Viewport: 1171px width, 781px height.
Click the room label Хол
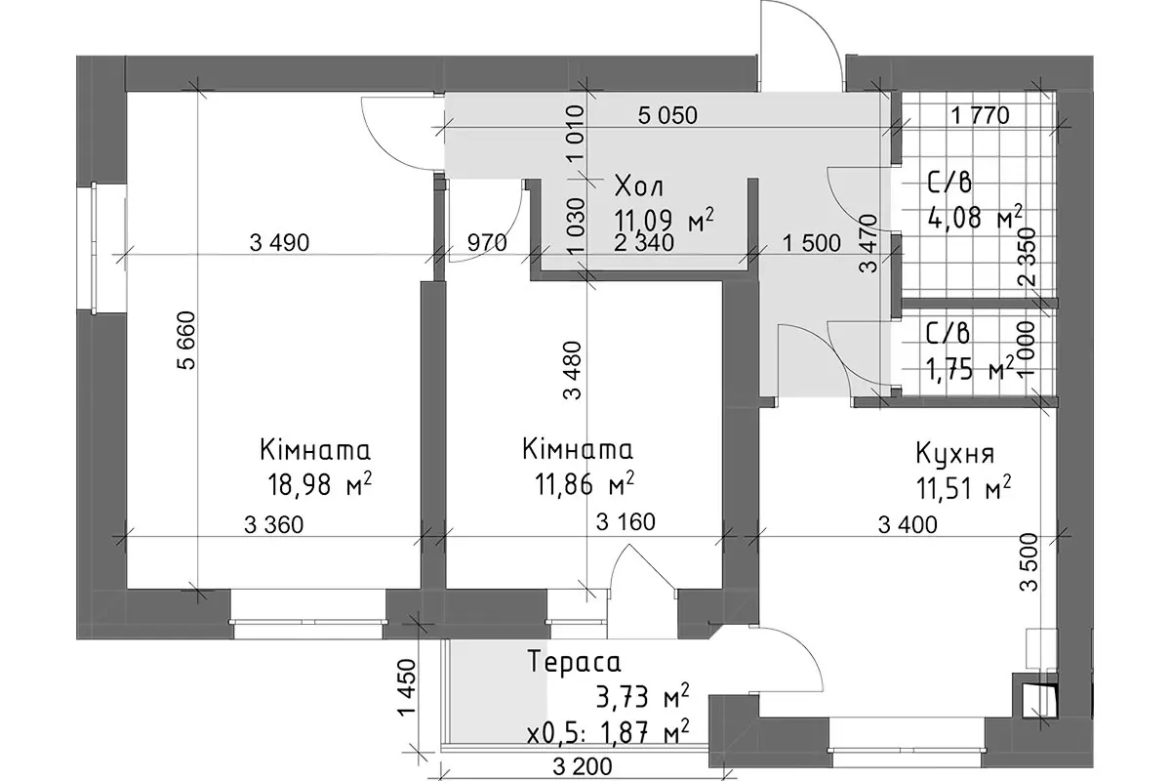pyautogui.click(x=639, y=186)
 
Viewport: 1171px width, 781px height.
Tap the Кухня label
pyautogui.click(x=955, y=454)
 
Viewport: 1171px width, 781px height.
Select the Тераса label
pyautogui.click(x=575, y=661)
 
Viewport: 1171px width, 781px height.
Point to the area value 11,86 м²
pyautogui.click(x=584, y=482)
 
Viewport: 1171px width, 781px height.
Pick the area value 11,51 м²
pyautogui.click(x=963, y=487)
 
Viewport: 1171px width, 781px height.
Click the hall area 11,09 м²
pyautogui.click(x=664, y=220)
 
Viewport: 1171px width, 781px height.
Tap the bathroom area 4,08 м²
pyautogui.click(x=975, y=217)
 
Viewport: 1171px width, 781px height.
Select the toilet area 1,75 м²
pyautogui.click(x=970, y=370)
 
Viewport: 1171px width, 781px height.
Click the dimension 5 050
pyautogui.click(x=667, y=115)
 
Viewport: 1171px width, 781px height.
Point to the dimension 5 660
pyautogui.click(x=186, y=341)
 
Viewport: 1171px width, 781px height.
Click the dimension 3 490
pyautogui.click(x=279, y=243)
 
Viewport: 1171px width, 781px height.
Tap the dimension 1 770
pyautogui.click(x=980, y=115)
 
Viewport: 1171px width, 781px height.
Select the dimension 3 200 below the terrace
pyautogui.click(x=582, y=767)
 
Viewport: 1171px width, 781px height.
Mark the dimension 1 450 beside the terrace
pyautogui.click(x=406, y=687)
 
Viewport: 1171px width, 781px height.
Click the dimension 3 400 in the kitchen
pyautogui.click(x=908, y=524)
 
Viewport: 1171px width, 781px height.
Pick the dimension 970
pyautogui.click(x=487, y=243)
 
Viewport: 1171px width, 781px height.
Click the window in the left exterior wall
pyautogui.click(x=94, y=248)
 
